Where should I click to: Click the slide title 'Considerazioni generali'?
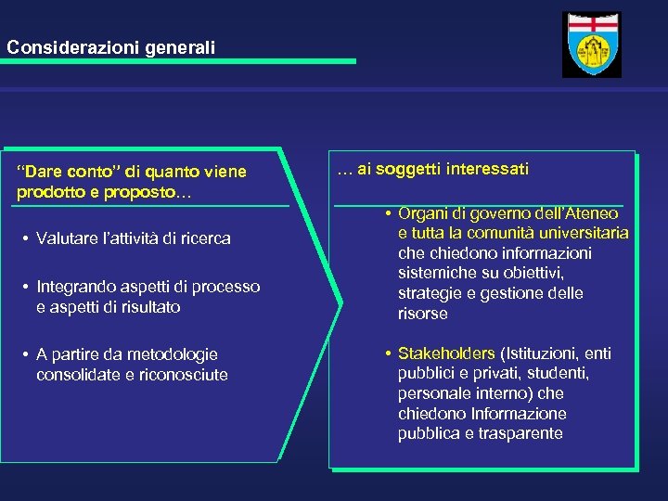(109, 45)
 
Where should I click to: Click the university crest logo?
(591, 45)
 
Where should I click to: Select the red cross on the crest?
(591, 24)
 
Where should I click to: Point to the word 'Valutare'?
(65, 238)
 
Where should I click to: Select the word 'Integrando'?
(72, 287)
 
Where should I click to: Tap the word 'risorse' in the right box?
(422, 314)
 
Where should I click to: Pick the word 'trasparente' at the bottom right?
(522, 434)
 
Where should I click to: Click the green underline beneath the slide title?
(177, 61)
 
